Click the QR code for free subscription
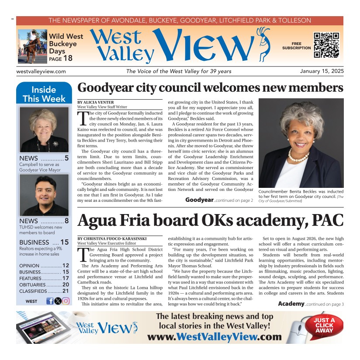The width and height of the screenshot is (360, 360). click(x=326, y=45)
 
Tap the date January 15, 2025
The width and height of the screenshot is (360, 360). click(x=322, y=71)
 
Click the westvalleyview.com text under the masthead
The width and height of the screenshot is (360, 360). click(x=41, y=72)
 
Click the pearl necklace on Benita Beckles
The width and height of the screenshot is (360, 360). click(x=298, y=156)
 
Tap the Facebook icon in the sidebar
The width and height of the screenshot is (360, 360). click(x=50, y=301)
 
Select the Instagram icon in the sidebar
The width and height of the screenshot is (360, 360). click(x=66, y=301)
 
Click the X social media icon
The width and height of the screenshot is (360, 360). click(x=58, y=301)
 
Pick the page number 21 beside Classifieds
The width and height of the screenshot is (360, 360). click(x=66, y=291)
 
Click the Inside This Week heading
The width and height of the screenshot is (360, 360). click(x=44, y=94)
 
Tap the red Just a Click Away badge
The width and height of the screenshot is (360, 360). click(x=324, y=325)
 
